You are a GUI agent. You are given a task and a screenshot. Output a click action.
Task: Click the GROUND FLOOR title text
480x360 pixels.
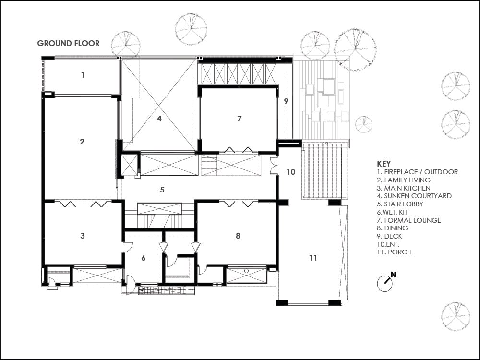coord(68,43)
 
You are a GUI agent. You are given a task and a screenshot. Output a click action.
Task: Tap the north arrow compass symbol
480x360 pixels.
coord(385,283)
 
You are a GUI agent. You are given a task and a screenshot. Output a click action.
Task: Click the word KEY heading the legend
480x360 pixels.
coord(384,163)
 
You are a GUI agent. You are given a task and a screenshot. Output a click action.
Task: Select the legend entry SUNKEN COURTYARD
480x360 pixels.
coord(414,196)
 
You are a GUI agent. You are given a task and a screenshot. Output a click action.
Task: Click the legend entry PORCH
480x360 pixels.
coord(394,252)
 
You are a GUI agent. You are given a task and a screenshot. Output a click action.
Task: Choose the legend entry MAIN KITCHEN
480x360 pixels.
coord(404,188)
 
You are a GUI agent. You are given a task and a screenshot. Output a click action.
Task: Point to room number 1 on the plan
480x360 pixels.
coord(83,75)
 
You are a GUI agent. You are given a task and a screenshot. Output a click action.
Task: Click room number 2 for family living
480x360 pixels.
coord(82,142)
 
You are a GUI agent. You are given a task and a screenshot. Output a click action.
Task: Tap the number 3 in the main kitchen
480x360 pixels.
coord(83,236)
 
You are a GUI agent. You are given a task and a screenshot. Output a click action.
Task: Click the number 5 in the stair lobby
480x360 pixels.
coord(162,190)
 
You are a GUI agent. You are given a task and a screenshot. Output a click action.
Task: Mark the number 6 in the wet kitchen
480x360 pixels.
coord(143,258)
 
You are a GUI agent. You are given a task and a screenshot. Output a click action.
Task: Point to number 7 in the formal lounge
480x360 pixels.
coord(239,118)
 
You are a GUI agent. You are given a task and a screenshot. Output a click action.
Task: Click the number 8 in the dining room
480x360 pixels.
coord(238,236)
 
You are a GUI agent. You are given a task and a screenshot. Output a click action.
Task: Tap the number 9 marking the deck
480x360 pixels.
coord(286,101)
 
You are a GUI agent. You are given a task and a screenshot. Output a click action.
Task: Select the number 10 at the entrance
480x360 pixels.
coord(291,172)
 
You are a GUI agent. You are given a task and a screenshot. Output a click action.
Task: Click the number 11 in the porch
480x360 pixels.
coord(313,258)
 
